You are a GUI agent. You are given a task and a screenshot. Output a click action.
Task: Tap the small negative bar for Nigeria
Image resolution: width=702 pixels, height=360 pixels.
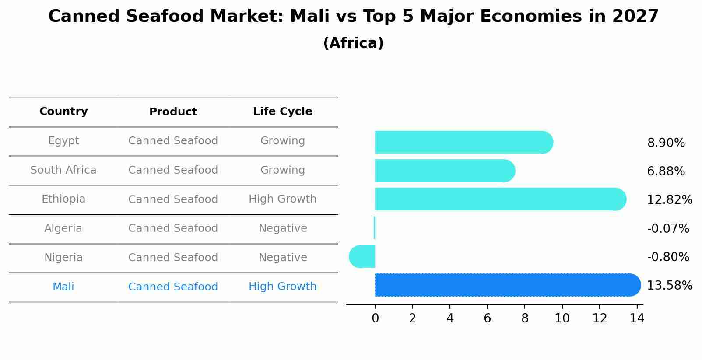click(362, 256)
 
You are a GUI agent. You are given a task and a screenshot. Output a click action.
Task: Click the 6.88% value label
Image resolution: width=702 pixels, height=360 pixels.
click(666, 171)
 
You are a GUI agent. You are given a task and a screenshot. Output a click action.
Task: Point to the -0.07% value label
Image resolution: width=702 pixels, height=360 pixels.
click(668, 228)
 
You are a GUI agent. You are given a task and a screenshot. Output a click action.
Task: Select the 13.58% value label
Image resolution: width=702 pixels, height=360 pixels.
click(670, 285)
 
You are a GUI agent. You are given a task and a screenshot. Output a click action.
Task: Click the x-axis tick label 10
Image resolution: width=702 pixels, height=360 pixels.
click(562, 318)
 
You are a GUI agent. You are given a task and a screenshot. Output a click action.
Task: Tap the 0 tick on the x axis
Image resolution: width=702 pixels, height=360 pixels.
click(375, 318)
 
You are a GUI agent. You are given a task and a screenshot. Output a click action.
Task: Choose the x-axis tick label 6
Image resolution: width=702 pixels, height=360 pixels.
click(487, 318)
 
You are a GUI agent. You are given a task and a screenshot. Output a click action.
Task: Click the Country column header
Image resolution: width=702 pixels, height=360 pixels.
click(63, 112)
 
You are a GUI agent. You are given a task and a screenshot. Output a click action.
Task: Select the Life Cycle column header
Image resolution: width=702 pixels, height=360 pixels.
click(282, 112)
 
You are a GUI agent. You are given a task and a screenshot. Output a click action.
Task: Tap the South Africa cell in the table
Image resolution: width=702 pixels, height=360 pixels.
click(63, 170)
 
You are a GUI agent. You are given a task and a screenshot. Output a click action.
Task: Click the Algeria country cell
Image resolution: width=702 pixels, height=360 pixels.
click(63, 228)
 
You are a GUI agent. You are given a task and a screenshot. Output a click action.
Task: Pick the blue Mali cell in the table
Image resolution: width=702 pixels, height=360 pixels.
click(63, 287)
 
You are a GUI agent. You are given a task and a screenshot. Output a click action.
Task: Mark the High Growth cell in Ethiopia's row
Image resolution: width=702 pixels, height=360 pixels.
click(282, 199)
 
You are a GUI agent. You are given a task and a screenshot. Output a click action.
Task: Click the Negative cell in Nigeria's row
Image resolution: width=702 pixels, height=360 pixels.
click(282, 257)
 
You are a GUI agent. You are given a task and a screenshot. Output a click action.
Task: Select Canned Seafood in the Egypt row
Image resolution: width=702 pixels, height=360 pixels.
click(173, 141)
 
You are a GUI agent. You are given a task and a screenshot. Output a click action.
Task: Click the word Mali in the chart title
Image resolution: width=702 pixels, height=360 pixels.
click(309, 17)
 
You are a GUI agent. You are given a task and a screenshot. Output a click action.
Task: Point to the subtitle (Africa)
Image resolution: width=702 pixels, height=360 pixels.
click(353, 43)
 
